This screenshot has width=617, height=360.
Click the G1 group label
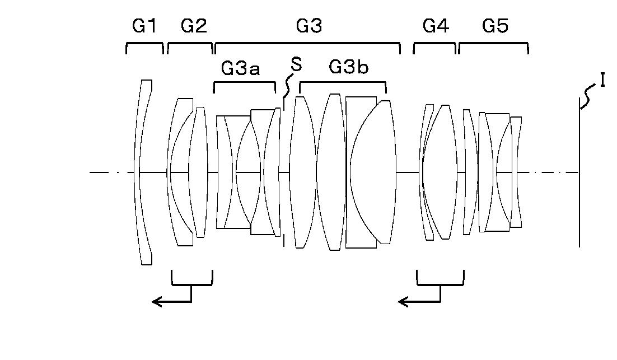144,26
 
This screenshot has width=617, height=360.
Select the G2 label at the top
194,26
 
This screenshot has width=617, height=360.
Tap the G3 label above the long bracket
308,26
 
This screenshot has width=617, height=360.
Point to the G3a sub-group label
241,68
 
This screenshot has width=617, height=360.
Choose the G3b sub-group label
349,67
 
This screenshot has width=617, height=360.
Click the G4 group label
436,26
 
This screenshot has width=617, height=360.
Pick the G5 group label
495,26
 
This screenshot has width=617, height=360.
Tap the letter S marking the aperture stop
296,65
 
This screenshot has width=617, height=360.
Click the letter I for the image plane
602,81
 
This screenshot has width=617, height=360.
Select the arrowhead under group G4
402,302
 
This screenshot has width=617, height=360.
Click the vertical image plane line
579,179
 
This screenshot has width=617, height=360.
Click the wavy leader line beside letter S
288,87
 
